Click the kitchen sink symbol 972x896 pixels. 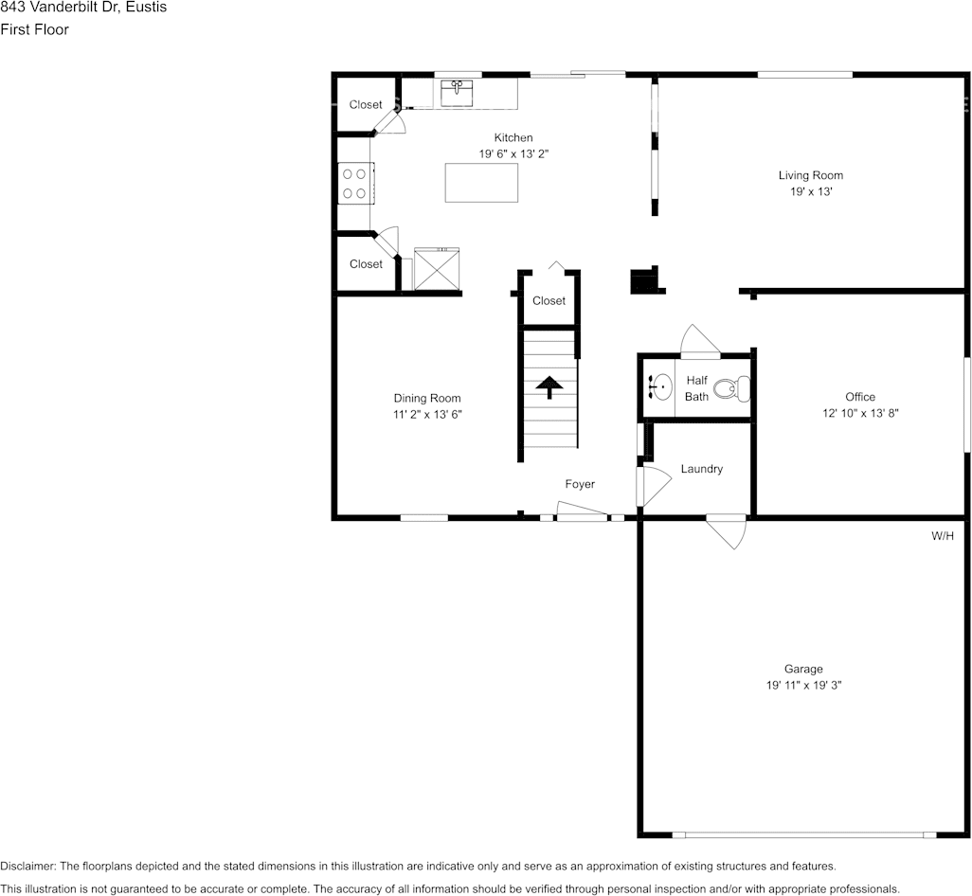pyautogui.click(x=458, y=93)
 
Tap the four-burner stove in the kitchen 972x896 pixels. pyautogui.click(x=355, y=183)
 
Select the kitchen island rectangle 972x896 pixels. pyautogui.click(x=482, y=183)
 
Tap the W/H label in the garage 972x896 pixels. pyautogui.click(x=942, y=536)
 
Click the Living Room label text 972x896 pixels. pyautogui.click(x=810, y=175)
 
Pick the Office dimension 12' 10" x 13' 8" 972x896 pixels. pyautogui.click(x=860, y=413)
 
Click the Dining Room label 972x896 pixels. pyautogui.click(x=427, y=398)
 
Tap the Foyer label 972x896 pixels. pyautogui.click(x=580, y=484)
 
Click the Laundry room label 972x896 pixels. pyautogui.click(x=701, y=469)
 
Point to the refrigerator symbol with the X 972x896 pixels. pyautogui.click(x=437, y=271)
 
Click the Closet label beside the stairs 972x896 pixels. pyautogui.click(x=549, y=301)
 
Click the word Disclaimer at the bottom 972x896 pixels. pyautogui.click(x=27, y=866)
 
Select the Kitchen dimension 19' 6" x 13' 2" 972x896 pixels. pyautogui.click(x=513, y=153)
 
